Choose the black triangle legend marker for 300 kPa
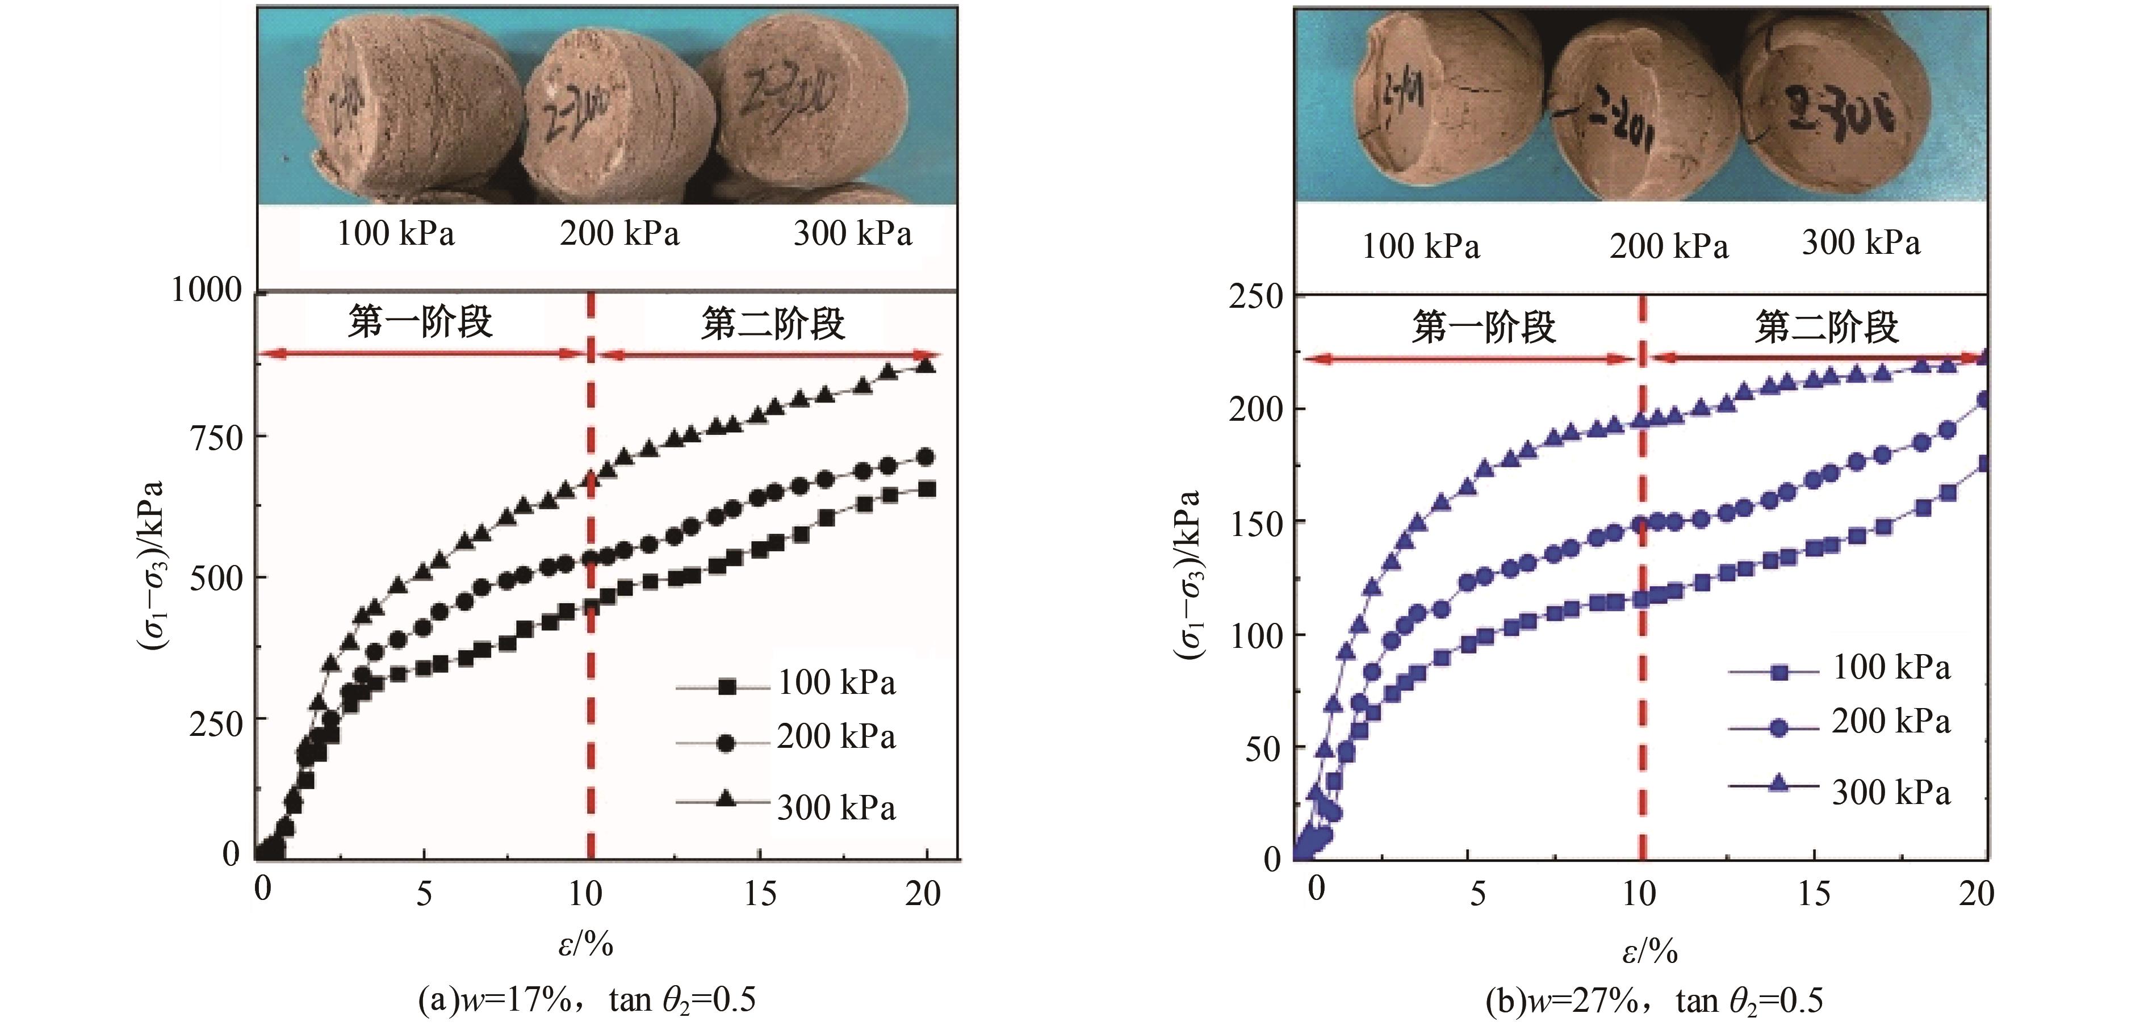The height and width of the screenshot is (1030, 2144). [x=726, y=801]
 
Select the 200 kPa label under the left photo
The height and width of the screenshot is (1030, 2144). [x=619, y=234]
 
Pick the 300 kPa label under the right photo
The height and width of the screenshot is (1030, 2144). [x=1861, y=243]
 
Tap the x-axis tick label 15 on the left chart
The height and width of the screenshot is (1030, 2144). [x=760, y=894]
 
